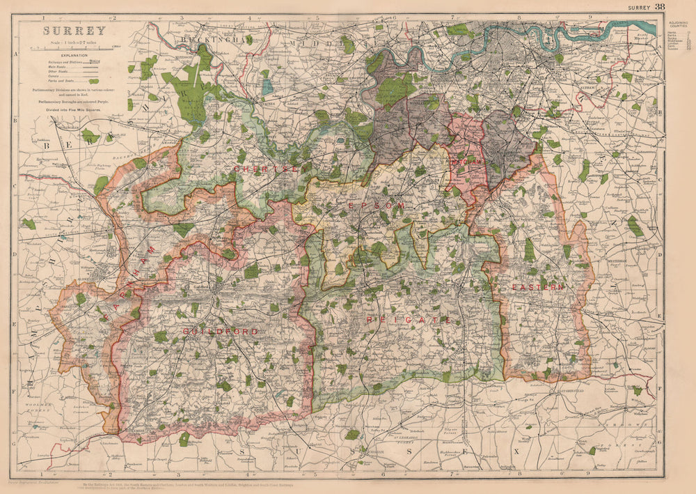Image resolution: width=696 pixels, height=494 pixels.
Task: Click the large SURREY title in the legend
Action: click(74, 31)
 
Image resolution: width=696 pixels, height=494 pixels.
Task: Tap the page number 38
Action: click(659, 6)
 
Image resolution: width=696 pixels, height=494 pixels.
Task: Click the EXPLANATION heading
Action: click(74, 54)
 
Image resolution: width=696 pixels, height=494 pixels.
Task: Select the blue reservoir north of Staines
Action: click(267, 87)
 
